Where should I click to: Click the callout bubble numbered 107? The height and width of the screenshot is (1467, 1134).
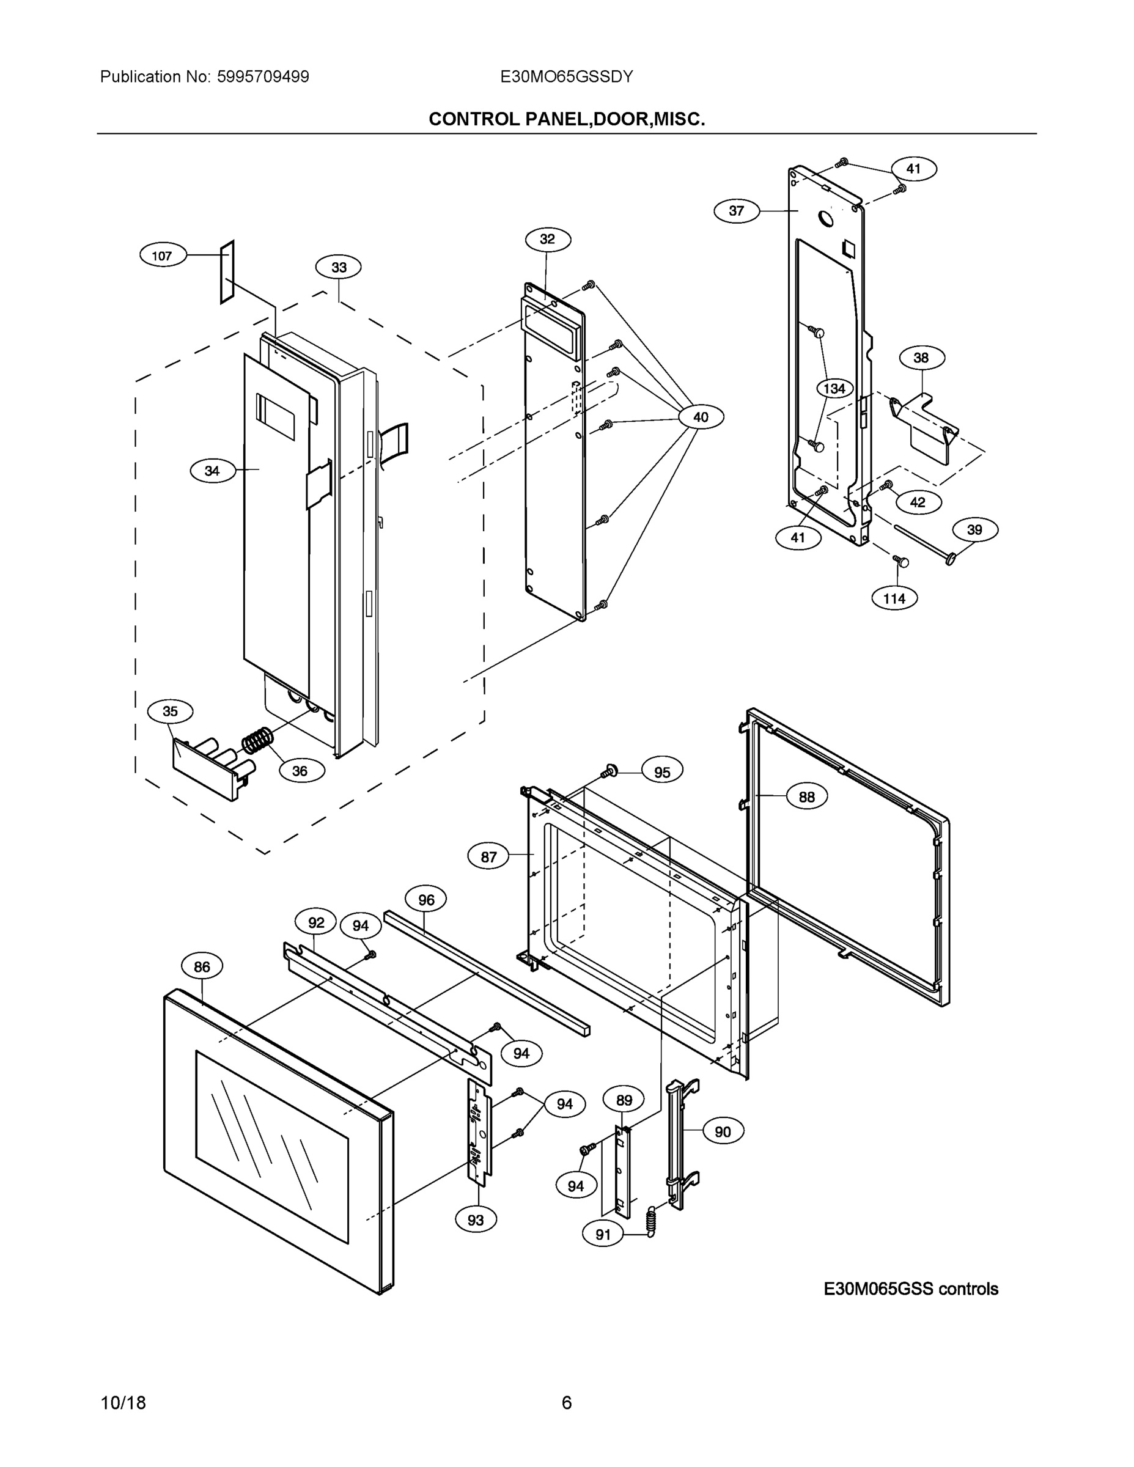pyautogui.click(x=162, y=256)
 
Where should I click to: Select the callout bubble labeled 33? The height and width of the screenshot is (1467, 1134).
pyautogui.click(x=339, y=267)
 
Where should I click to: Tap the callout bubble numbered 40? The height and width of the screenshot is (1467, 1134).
pyautogui.click(x=701, y=417)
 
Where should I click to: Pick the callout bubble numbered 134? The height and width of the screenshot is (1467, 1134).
pyautogui.click(x=834, y=388)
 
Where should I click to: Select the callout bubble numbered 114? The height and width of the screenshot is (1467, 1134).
pyautogui.click(x=894, y=598)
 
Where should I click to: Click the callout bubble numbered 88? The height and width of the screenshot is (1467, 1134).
pyautogui.click(x=806, y=796)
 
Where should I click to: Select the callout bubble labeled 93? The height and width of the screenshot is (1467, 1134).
pyautogui.click(x=476, y=1220)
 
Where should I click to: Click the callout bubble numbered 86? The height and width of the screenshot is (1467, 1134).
pyautogui.click(x=202, y=966)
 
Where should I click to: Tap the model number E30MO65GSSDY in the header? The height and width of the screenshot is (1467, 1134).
pyautogui.click(x=566, y=76)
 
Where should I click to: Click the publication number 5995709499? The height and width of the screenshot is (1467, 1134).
pyautogui.click(x=263, y=76)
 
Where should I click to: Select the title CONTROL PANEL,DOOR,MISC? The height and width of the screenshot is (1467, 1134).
pyautogui.click(x=566, y=120)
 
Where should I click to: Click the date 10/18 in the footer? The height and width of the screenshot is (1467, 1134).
pyautogui.click(x=123, y=1403)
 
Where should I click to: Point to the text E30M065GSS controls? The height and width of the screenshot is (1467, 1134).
pyautogui.click(x=910, y=1289)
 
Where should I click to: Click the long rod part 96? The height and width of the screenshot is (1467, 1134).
pyautogui.click(x=488, y=973)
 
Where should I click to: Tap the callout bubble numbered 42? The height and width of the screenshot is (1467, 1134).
pyautogui.click(x=917, y=502)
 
